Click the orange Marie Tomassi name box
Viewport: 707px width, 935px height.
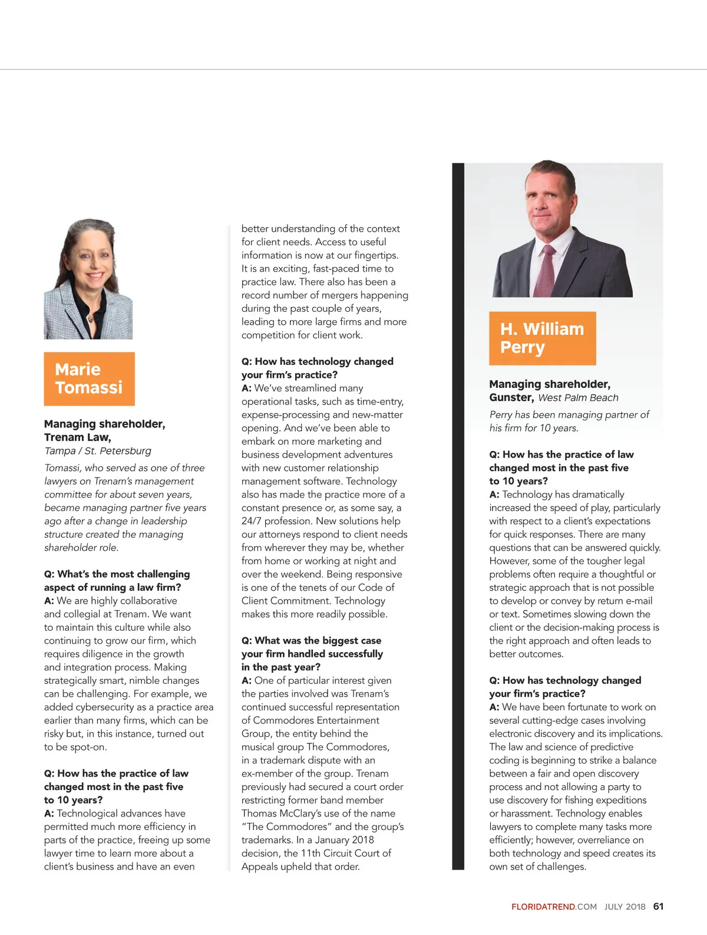click(x=89, y=378)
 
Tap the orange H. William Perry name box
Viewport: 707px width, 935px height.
click(x=542, y=338)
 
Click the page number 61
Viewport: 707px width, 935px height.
click(x=658, y=906)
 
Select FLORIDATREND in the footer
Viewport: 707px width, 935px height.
click(x=543, y=907)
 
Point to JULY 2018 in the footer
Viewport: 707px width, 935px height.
click(x=625, y=907)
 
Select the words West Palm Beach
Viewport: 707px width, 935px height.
click(x=578, y=398)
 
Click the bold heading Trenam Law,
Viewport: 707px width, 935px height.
click(x=77, y=437)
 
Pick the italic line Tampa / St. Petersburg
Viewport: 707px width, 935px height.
click(x=97, y=451)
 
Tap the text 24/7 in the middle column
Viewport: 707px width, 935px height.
click(x=251, y=521)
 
